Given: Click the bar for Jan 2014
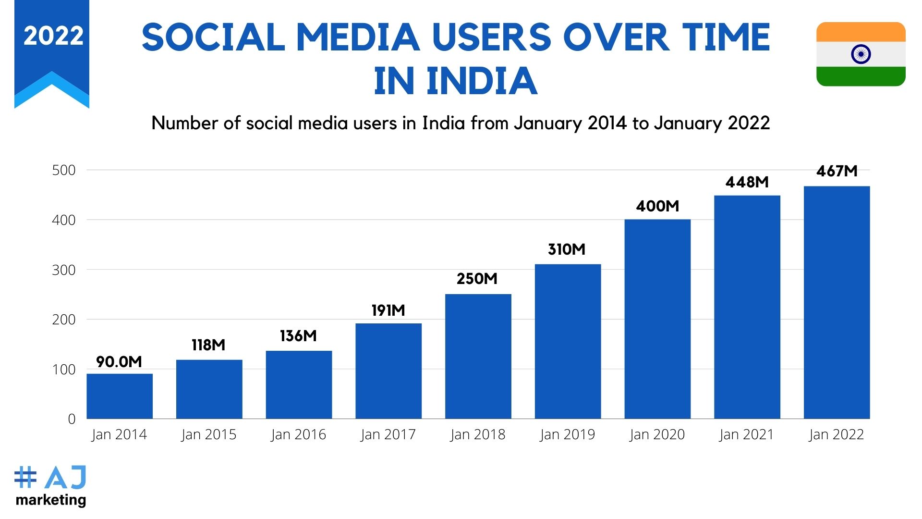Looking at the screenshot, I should point(120,396).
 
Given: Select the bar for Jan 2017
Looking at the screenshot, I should point(388,371).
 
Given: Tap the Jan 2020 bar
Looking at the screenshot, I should point(657,319).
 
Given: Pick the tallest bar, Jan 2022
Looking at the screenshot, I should point(837,302).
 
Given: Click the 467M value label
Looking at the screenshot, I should point(837,171).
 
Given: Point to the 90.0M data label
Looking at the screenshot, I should point(119,362).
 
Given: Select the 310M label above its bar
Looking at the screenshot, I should point(567,249).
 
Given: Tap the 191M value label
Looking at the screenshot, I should point(388,310).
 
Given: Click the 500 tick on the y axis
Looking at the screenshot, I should point(64,170).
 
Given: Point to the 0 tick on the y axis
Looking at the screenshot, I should point(72,419).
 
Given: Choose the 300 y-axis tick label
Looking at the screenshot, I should point(64,270).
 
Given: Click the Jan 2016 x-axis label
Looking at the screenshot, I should point(298,434).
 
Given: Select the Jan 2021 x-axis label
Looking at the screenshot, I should point(747,434).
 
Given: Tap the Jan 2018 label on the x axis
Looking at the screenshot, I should point(478,434).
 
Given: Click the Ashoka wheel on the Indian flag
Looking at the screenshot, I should point(861,54).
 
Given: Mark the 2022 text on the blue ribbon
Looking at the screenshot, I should point(53,36).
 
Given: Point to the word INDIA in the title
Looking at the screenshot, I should point(482,81).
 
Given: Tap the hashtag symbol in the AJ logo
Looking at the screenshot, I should point(25,477).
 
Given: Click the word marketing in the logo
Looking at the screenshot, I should point(51,500).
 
